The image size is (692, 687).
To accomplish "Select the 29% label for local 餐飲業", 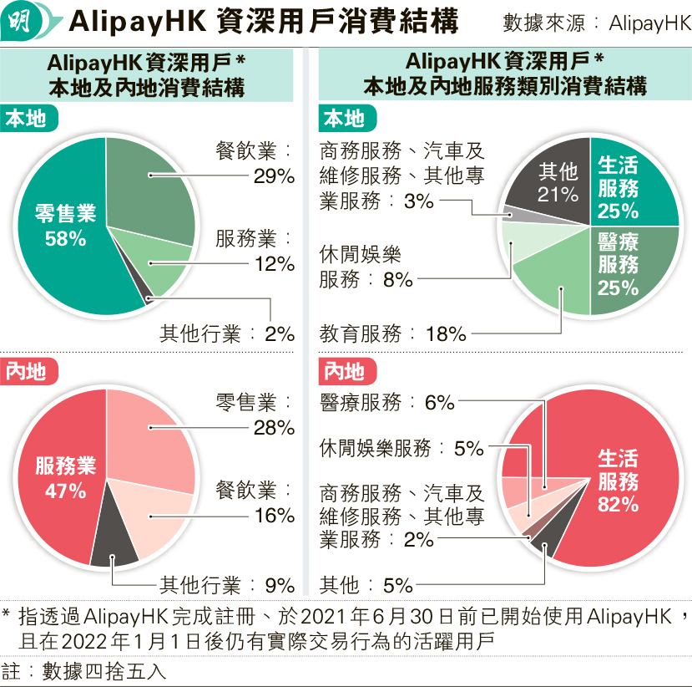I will pyautogui.click(x=275, y=176).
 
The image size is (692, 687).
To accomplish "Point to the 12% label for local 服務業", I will pyautogui.click(x=275, y=264).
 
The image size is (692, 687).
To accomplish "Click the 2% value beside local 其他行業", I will pyautogui.click(x=280, y=333).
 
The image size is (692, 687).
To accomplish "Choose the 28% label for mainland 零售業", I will pyautogui.click(x=275, y=428).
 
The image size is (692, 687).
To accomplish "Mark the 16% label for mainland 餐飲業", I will pyautogui.click(x=275, y=515).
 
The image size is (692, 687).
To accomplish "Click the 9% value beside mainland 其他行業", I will pyautogui.click(x=280, y=585).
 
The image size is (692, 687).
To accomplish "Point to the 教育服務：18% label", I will pyautogui.click(x=392, y=334).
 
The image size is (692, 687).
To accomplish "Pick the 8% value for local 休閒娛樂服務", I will pyautogui.click(x=399, y=280).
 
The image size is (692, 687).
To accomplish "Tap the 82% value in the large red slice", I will pyautogui.click(x=618, y=504).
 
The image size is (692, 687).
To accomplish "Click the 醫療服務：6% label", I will pyautogui.click(x=387, y=403).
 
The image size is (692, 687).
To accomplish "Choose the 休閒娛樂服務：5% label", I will pyautogui.click(x=402, y=448).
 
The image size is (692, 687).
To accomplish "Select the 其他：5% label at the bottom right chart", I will pyautogui.click(x=366, y=585).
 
